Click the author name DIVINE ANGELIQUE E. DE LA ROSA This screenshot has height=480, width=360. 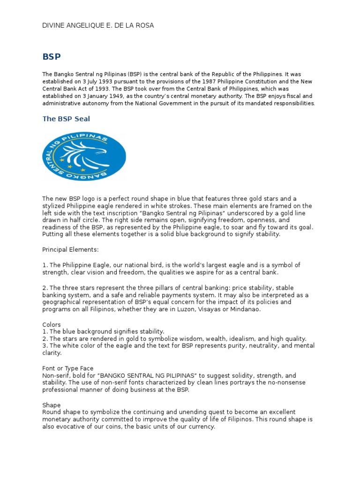click(98, 25)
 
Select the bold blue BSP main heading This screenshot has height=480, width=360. click(52, 57)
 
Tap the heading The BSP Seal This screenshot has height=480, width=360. click(66, 119)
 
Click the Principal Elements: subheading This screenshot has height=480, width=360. click(70, 250)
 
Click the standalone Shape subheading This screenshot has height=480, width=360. click(52, 405)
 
